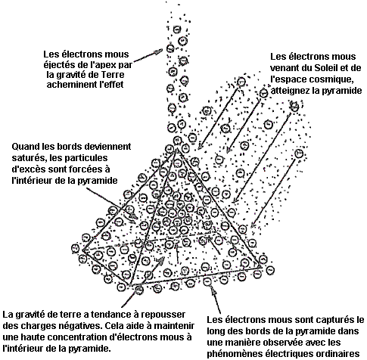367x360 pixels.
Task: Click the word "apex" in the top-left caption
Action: [x=107, y=65]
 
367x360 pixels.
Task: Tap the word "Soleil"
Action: [x=329, y=68]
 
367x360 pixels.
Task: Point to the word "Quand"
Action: [x=25, y=147]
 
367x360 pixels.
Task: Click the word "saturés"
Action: [x=29, y=158]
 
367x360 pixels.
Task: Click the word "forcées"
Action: [x=86, y=169]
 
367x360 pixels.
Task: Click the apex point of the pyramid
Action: [x=176, y=149]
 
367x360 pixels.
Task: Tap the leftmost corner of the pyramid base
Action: [x=83, y=250]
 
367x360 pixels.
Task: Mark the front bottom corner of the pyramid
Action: [x=130, y=285]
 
